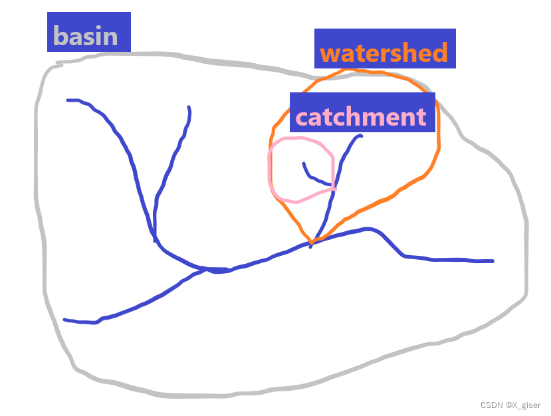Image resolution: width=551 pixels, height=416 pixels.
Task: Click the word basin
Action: click(85, 36)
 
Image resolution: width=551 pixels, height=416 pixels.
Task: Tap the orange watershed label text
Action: click(384, 52)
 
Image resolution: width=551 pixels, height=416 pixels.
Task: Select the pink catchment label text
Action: click(360, 117)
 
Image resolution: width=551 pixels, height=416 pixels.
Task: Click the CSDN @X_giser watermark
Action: click(502, 405)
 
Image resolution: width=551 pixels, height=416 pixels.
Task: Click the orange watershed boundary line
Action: click(438, 143)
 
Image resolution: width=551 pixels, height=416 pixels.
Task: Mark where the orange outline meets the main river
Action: click(310, 244)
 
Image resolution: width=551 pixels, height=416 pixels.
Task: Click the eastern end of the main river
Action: click(492, 261)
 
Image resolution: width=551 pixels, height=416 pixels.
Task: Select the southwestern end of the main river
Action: click(65, 320)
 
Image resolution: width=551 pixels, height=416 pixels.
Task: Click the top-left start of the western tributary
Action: click(68, 100)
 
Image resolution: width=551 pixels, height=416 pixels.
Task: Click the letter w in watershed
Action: click(330, 53)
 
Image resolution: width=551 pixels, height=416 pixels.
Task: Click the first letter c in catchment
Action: click(302, 118)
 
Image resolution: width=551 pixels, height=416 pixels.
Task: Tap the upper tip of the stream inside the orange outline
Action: click(360, 136)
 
